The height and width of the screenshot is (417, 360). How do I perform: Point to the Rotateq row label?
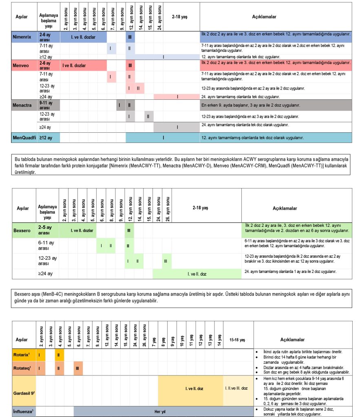pos(23,368)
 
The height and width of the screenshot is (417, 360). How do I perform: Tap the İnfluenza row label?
pos(23,411)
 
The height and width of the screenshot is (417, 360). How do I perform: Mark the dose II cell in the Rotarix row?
pos(59,355)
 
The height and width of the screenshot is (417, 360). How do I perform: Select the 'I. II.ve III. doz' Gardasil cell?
pos(236,388)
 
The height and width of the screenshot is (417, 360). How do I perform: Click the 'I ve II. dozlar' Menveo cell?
pos(74,65)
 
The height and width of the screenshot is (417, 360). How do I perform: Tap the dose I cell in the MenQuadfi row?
pos(163,138)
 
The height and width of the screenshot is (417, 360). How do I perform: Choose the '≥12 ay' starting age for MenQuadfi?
pos(46,138)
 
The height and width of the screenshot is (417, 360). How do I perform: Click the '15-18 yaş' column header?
pos(236,339)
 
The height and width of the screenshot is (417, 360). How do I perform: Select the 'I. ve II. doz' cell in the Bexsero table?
pos(197,274)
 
